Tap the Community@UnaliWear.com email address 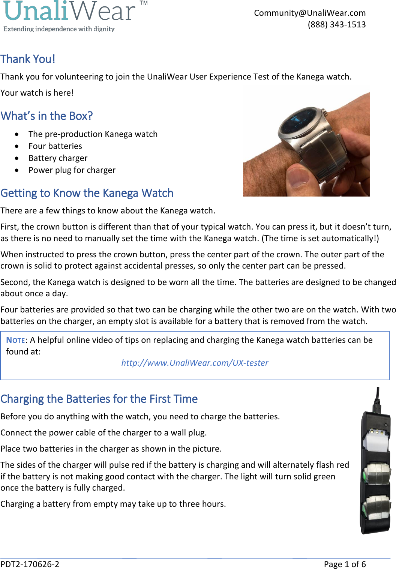click(x=310, y=13)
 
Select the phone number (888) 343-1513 click(x=336, y=25)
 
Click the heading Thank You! click(x=28, y=59)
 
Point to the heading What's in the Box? click(x=46, y=116)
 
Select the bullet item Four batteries click(x=55, y=146)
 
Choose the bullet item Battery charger click(x=58, y=158)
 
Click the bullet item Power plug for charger click(x=72, y=170)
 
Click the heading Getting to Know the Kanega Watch click(x=87, y=193)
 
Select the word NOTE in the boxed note click(x=16, y=340)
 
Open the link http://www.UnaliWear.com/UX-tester click(x=195, y=363)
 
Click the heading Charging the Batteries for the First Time click(x=99, y=399)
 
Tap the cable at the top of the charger click(x=378, y=399)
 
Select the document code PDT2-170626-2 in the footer click(x=30, y=564)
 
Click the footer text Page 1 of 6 click(x=345, y=564)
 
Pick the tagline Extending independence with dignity click(x=59, y=29)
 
